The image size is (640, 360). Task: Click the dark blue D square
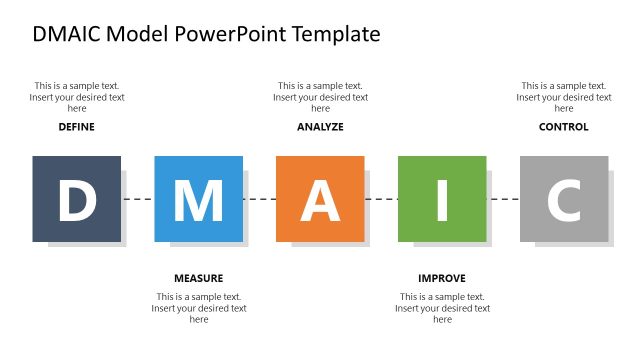click(76, 199)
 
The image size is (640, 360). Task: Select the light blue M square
click(198, 199)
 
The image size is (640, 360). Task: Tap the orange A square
click(320, 199)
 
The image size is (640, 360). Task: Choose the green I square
click(442, 199)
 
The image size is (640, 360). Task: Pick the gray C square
click(564, 199)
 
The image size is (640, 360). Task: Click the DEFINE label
click(77, 127)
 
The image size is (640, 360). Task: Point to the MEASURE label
click(198, 278)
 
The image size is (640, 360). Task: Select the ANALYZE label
click(320, 127)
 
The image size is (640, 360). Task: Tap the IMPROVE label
click(442, 278)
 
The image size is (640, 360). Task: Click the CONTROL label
click(564, 127)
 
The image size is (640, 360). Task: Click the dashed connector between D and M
click(138, 199)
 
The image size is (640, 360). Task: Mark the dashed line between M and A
click(260, 199)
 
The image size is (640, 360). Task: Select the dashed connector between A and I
click(382, 199)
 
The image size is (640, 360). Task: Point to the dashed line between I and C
click(504, 199)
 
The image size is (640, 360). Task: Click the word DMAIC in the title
click(66, 34)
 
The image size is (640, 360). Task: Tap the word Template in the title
click(336, 34)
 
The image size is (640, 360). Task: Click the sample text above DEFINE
click(77, 97)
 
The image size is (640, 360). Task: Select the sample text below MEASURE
click(198, 308)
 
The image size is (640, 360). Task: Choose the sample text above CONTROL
click(564, 97)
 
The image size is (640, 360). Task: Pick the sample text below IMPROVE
click(442, 308)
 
